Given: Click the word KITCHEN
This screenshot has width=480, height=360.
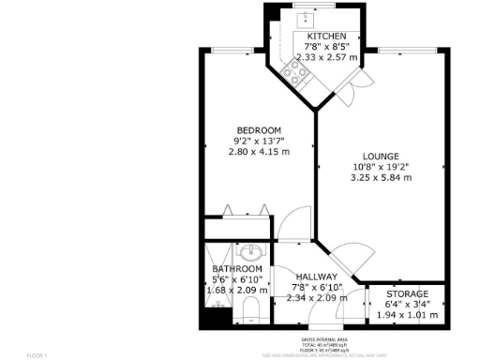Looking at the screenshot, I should click(313, 36).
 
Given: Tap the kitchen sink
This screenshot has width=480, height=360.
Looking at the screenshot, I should click(307, 18).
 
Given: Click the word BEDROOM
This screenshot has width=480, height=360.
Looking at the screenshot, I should click(258, 129).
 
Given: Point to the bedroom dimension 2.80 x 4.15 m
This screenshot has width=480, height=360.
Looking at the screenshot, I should click(258, 151).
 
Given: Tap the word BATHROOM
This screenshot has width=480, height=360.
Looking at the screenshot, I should click(236, 269).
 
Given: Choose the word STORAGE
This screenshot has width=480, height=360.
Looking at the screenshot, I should click(408, 293).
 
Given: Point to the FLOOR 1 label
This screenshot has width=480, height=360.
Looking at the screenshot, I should click(36, 355).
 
